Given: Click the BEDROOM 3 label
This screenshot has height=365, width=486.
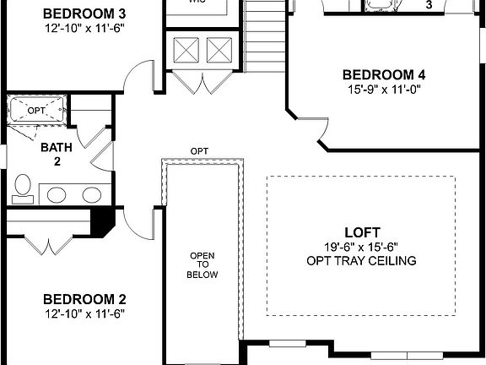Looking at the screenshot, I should pyautogui.click(x=84, y=14).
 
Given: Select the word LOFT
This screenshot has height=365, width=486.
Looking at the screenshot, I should pyautogui.click(x=362, y=232).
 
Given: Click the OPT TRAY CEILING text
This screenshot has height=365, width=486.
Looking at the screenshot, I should pyautogui.click(x=362, y=260).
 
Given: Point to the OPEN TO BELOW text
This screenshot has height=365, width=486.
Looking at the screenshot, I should pyautogui.click(x=202, y=264).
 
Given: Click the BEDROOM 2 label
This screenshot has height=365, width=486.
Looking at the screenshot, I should pyautogui.click(x=84, y=299).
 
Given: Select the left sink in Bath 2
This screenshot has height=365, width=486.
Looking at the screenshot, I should pyautogui.click(x=57, y=195).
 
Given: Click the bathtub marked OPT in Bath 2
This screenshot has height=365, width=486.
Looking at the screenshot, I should pyautogui.click(x=36, y=111).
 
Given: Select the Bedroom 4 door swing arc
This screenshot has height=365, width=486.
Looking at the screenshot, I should pyautogui.click(x=319, y=131).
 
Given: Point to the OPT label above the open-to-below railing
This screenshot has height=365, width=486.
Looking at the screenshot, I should pyautogui.click(x=199, y=151).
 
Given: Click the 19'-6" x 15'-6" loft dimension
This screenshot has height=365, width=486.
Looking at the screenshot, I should pyautogui.click(x=362, y=246).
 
